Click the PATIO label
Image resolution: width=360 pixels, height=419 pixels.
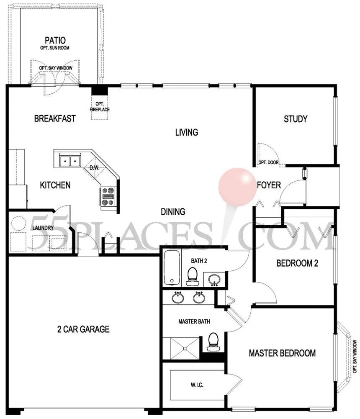(55, 40)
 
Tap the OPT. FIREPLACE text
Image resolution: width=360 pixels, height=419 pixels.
(100, 107)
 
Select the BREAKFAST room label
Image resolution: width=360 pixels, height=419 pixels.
(55, 118)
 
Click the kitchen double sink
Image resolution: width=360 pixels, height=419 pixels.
(70, 161)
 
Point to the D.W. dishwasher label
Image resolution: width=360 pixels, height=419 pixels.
(94, 168)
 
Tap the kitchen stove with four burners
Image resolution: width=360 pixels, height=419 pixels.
(108, 196)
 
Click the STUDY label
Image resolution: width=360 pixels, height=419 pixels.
(295, 119)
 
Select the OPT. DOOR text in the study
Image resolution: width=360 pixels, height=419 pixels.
(268, 162)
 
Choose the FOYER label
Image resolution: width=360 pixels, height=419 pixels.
(269, 185)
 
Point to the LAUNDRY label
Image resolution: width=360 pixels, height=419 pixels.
(43, 228)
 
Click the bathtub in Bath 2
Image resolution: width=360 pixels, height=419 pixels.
(172, 267)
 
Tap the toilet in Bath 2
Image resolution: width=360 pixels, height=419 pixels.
(192, 276)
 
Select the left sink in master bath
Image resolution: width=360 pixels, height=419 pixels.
(177, 297)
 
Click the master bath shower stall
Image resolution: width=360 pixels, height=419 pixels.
(185, 348)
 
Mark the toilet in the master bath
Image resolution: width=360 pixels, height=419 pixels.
(213, 342)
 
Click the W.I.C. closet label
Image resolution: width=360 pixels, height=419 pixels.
(197, 385)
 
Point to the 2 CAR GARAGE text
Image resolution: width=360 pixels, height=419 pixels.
(83, 329)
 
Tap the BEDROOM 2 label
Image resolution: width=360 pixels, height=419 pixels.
(297, 263)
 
